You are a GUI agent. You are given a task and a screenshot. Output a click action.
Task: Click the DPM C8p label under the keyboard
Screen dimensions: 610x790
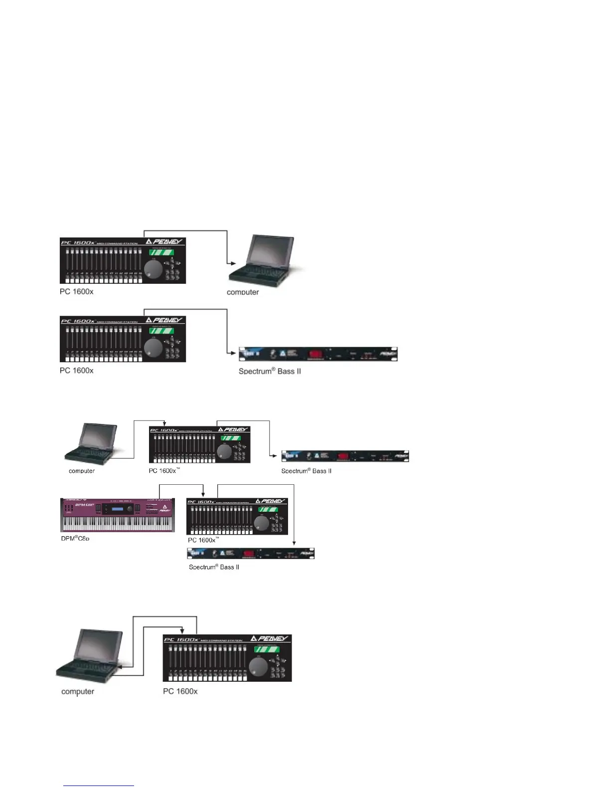click(x=75, y=539)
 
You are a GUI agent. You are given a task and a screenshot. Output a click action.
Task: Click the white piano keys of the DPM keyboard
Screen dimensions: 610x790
click(x=118, y=524)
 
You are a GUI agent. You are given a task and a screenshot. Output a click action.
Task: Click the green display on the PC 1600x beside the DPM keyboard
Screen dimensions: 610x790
click(x=268, y=510)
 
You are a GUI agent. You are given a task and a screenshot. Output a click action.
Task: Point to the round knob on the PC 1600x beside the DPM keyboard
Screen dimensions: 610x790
click(x=262, y=523)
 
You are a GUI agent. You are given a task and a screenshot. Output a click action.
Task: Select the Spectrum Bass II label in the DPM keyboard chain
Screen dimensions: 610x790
click(x=214, y=567)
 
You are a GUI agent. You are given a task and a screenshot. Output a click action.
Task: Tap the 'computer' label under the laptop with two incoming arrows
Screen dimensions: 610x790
click(x=78, y=691)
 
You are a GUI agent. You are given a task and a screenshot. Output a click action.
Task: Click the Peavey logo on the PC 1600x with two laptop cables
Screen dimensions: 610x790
click(x=270, y=638)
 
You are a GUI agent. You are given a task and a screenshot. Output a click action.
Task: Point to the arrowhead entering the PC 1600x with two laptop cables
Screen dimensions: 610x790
click(x=183, y=630)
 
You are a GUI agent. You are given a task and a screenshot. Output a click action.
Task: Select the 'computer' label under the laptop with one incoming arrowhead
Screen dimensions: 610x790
click(x=243, y=292)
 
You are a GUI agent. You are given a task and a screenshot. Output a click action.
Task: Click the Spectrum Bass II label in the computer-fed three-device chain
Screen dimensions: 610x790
click(x=306, y=471)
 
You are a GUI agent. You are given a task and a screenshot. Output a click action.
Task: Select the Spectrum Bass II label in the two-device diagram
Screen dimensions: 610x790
click(x=270, y=371)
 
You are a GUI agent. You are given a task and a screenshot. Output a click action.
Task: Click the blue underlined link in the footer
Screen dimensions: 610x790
click(x=99, y=785)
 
